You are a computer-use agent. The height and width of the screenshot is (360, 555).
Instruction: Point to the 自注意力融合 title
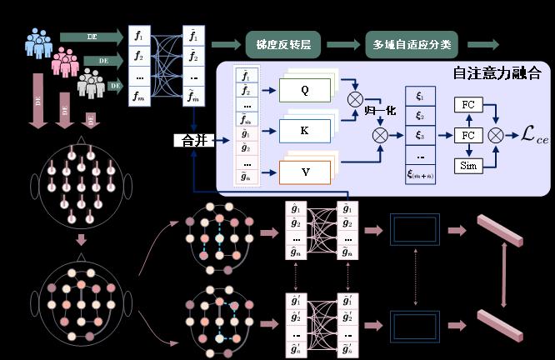[x=497, y=73]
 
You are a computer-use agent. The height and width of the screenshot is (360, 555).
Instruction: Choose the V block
[x=305, y=172]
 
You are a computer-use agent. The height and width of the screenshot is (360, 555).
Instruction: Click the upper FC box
[x=467, y=106]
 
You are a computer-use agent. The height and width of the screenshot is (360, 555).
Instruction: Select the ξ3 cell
[x=420, y=136]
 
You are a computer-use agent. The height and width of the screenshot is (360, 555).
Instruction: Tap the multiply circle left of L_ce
[x=497, y=134]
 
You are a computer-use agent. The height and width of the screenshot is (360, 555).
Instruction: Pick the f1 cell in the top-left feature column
[x=139, y=38]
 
